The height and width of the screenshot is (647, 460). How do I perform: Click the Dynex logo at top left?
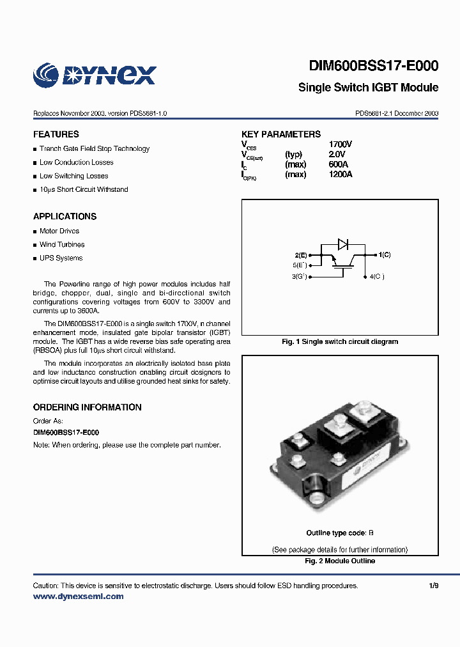[x=95, y=74]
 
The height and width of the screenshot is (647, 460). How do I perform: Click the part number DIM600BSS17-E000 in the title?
[x=374, y=66]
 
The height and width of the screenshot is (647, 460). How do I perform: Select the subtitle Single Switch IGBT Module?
[x=368, y=88]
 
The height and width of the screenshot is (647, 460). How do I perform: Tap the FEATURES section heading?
[x=56, y=134]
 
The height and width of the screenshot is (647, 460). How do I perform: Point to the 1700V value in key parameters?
[x=340, y=144]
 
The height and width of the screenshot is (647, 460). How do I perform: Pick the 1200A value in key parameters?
[x=340, y=174]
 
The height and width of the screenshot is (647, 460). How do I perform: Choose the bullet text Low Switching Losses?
[x=73, y=176]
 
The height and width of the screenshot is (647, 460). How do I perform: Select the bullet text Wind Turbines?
[x=62, y=244]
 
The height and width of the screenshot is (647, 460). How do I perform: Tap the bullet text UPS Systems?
[x=61, y=258]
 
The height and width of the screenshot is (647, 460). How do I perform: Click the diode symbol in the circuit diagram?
[x=342, y=243]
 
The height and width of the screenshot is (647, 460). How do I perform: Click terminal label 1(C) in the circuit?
[x=385, y=254]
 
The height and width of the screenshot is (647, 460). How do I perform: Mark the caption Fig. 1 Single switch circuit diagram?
[x=340, y=341]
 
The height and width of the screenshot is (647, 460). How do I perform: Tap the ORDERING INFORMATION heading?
[x=87, y=407]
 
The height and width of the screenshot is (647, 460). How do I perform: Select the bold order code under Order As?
[x=66, y=432]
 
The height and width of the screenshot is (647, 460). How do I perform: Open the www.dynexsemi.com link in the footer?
[x=78, y=596]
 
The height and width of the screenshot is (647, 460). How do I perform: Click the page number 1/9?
[x=434, y=586]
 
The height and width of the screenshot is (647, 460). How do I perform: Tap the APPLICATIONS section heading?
[x=65, y=217]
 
